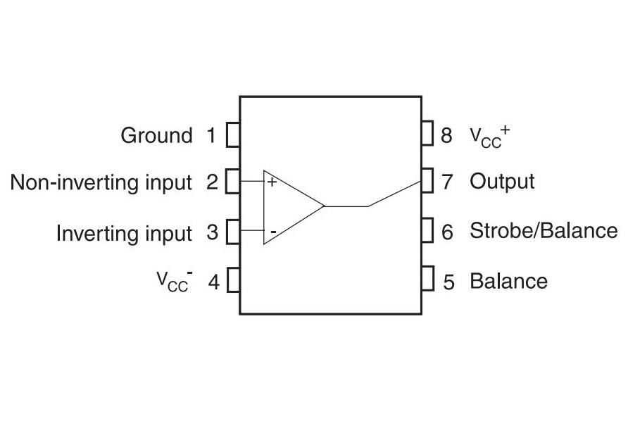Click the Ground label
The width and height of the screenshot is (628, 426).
tap(156, 135)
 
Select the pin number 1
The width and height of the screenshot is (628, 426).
tap(211, 135)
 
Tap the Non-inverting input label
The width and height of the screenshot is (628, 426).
tap(101, 183)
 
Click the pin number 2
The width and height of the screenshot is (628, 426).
tap(212, 183)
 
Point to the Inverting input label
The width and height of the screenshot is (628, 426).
tap(124, 233)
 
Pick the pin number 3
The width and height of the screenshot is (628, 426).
tap(212, 233)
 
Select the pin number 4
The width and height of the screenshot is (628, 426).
tap(213, 282)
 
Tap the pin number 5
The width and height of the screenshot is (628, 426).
tap(448, 282)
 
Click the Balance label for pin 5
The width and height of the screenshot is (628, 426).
tap(508, 282)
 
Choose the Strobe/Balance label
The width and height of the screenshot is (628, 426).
tap(544, 231)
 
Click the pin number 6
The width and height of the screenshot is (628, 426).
tap(447, 232)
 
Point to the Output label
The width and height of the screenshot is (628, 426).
tap(502, 182)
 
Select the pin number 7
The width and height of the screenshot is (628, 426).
tap(447, 182)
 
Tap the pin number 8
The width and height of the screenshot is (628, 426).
tap(446, 135)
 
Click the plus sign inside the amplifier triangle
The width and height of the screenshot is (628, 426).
tap(272, 182)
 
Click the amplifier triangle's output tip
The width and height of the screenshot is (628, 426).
tap(323, 206)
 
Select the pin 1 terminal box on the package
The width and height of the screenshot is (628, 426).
tap(233, 134)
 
